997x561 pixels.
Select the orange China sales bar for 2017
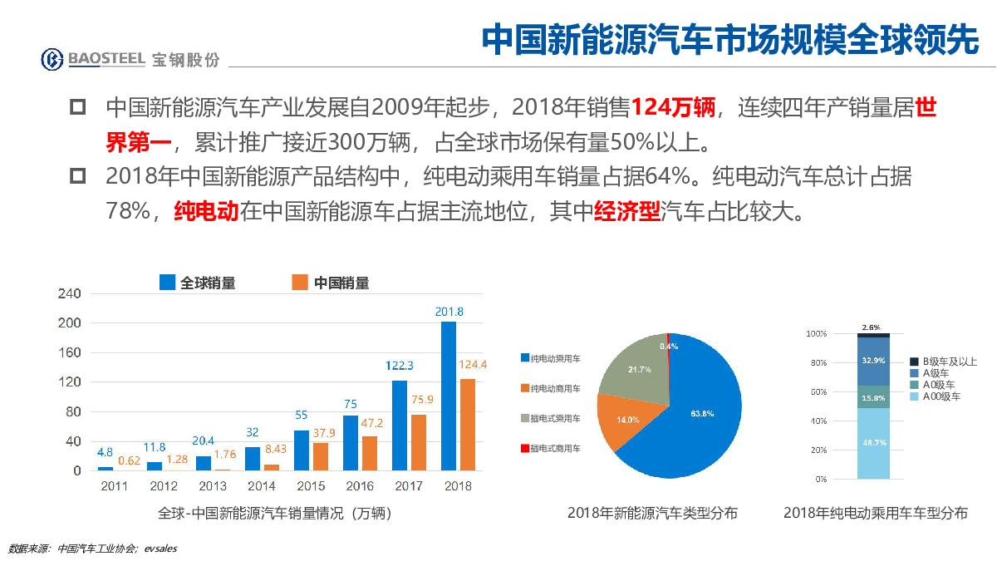click(x=420, y=442)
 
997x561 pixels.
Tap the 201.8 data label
click(x=449, y=312)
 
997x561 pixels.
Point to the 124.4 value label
click(x=473, y=364)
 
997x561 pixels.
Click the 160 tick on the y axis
click(x=70, y=352)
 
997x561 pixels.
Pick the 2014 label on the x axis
click(x=261, y=486)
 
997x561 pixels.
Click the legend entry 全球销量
click(x=198, y=283)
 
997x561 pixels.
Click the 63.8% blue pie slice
click(x=690, y=416)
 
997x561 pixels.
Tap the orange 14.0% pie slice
click(x=630, y=419)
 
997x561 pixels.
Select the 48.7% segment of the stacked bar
click(x=873, y=443)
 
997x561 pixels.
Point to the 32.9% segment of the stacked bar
click(x=873, y=361)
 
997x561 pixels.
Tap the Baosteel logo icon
click(x=53, y=59)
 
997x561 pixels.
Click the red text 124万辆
click(x=671, y=107)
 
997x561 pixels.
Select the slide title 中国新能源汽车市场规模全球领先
click(x=731, y=38)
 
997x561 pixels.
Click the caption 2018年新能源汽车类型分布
click(x=652, y=513)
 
